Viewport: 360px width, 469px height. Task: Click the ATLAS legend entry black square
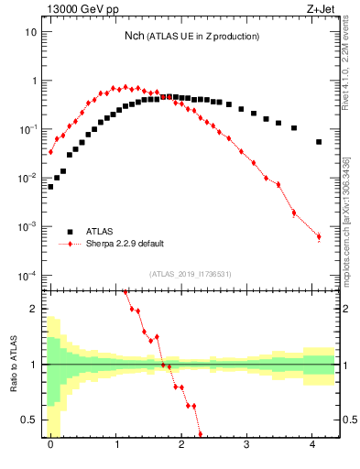pos(71,232)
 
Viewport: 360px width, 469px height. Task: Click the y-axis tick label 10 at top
pos(30,31)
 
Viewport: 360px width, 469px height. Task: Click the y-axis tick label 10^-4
pos(27,275)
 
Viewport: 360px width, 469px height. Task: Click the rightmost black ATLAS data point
pos(319,142)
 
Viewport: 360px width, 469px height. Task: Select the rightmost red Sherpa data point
pos(319,236)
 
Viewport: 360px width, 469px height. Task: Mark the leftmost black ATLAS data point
pos(50,186)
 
